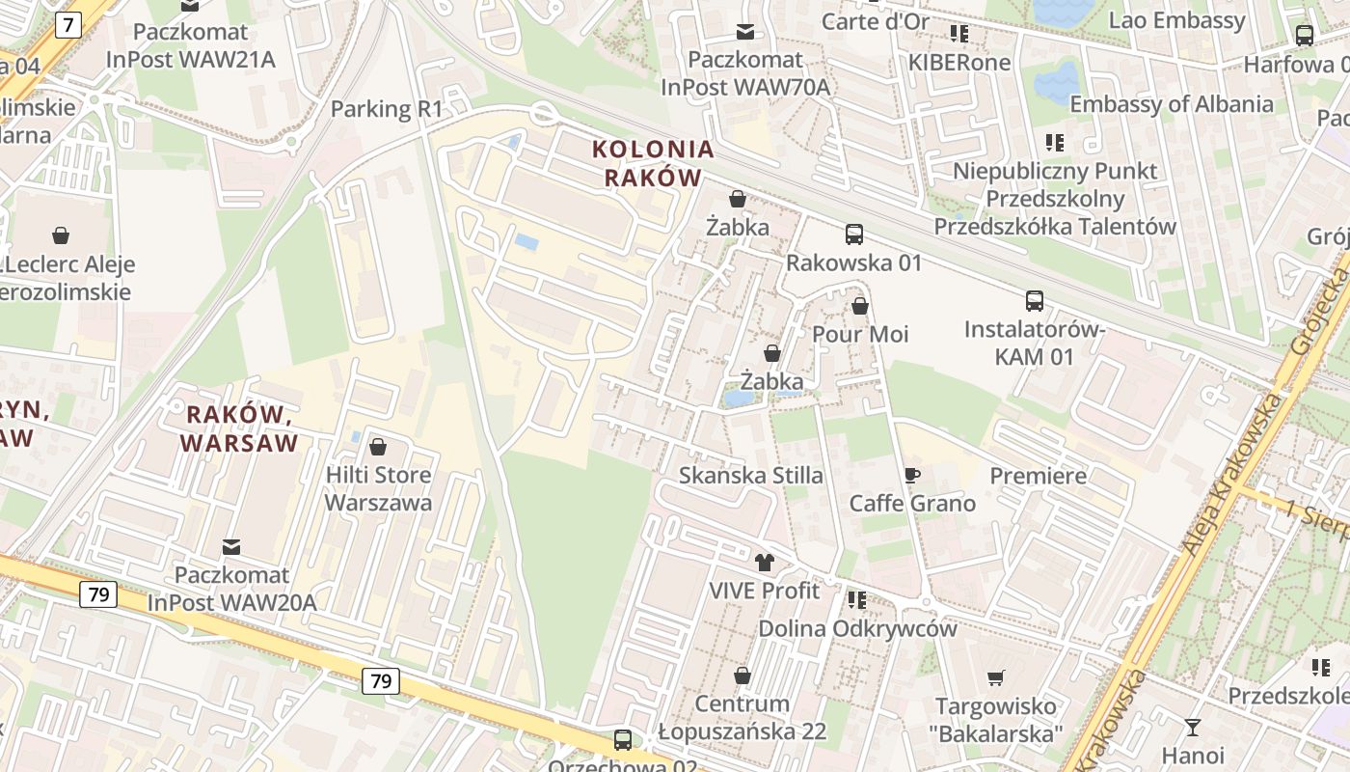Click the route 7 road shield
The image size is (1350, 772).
click(67, 25)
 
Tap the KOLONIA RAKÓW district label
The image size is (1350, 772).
click(653, 163)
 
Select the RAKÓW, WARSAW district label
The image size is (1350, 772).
click(238, 428)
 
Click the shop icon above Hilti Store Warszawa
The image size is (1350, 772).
click(378, 447)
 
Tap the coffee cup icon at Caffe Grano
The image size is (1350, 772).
click(912, 475)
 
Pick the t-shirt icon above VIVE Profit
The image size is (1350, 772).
click(765, 562)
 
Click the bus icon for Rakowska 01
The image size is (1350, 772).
click(854, 234)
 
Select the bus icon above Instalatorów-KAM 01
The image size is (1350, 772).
click(1035, 301)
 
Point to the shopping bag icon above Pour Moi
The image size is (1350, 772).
click(860, 306)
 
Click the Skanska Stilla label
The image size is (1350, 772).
click(751, 475)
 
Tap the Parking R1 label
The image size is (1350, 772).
click(386, 109)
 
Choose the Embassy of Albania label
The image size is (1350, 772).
click(1171, 103)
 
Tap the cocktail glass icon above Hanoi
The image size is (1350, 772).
click(1193, 727)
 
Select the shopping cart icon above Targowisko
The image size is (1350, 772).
click(996, 678)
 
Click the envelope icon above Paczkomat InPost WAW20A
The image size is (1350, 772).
click(231, 547)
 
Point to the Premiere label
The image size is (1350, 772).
click(1038, 476)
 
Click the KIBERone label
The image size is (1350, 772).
click(958, 63)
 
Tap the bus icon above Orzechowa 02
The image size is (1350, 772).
click(623, 740)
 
